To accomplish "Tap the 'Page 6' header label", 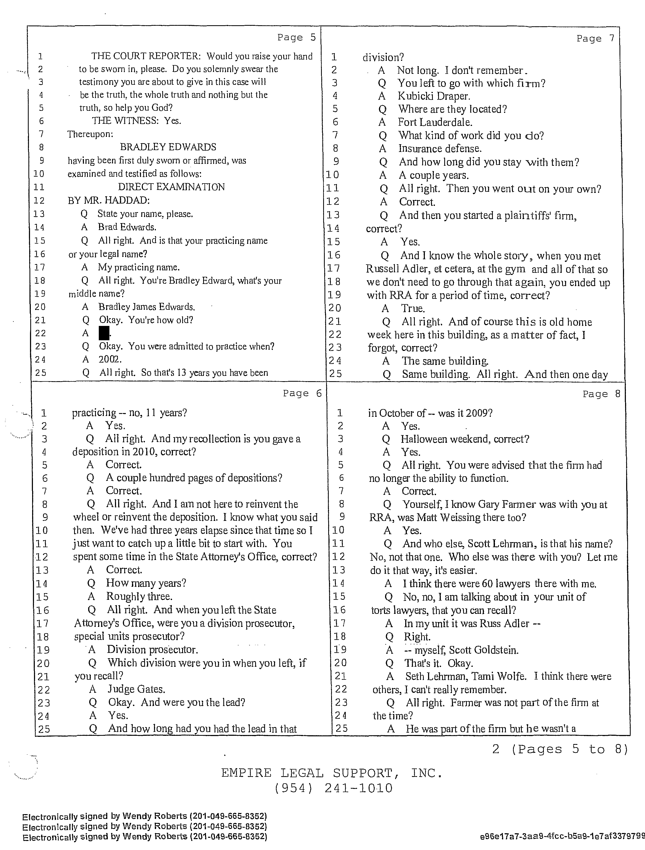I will tap(302, 393).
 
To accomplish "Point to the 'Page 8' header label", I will tap(601, 394).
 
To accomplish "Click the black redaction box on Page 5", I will tap(104, 333).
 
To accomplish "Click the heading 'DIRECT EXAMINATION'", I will tap(171, 187).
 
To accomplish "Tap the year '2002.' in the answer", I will tap(110, 359).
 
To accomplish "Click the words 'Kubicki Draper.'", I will tap(434, 96).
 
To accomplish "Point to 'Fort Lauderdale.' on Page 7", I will tap(435, 122).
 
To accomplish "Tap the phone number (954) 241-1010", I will tap(334, 788).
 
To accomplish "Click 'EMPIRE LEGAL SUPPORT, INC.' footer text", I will tap(331, 773).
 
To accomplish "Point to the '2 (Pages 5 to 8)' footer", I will tap(560, 749).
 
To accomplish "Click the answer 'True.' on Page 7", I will tap(413, 308).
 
